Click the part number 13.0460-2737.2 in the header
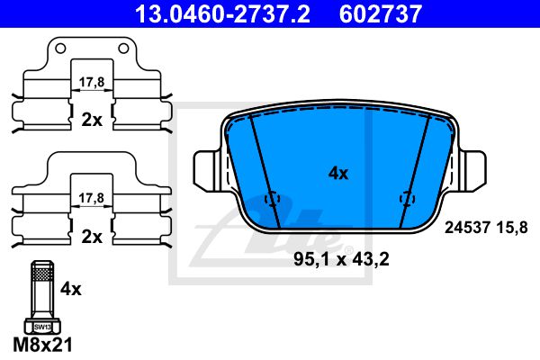pos(222,13)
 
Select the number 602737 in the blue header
pos(381,13)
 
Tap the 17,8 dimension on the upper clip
pos(92,82)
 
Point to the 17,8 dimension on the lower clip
pos(92,198)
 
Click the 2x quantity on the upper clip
pos(92,120)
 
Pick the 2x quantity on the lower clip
pos(92,237)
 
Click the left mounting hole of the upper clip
pos(60,49)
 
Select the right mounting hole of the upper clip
pos(123,49)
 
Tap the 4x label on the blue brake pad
pos(338,174)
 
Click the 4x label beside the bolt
pos(71,289)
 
